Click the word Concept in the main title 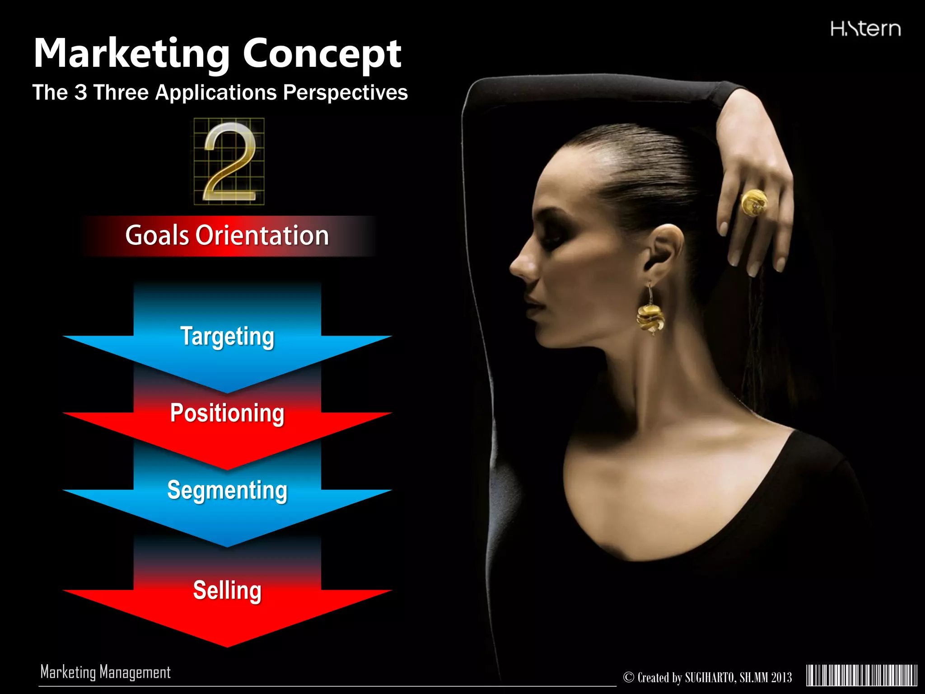point(322,54)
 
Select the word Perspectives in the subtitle point(346,93)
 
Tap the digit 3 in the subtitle point(80,93)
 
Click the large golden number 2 point(229,162)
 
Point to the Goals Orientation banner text point(227,235)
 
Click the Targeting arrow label point(227,337)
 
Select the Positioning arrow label point(227,413)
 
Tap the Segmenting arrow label point(227,490)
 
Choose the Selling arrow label point(227,590)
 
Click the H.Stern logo point(865,29)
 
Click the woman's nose point(519,264)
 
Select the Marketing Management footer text point(106,672)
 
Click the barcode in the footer point(862,676)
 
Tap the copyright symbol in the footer point(629,677)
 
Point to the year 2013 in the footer point(781,678)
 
